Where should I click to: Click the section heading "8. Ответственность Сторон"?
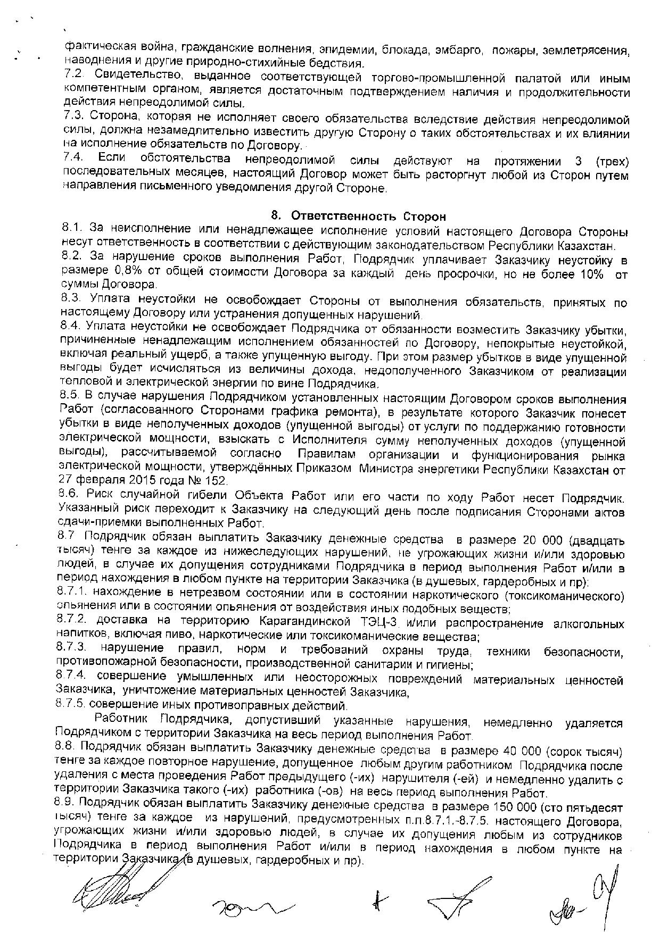(358, 216)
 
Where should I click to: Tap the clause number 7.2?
(72, 78)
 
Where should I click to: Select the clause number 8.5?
(70, 397)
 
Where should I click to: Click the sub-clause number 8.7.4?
(73, 680)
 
